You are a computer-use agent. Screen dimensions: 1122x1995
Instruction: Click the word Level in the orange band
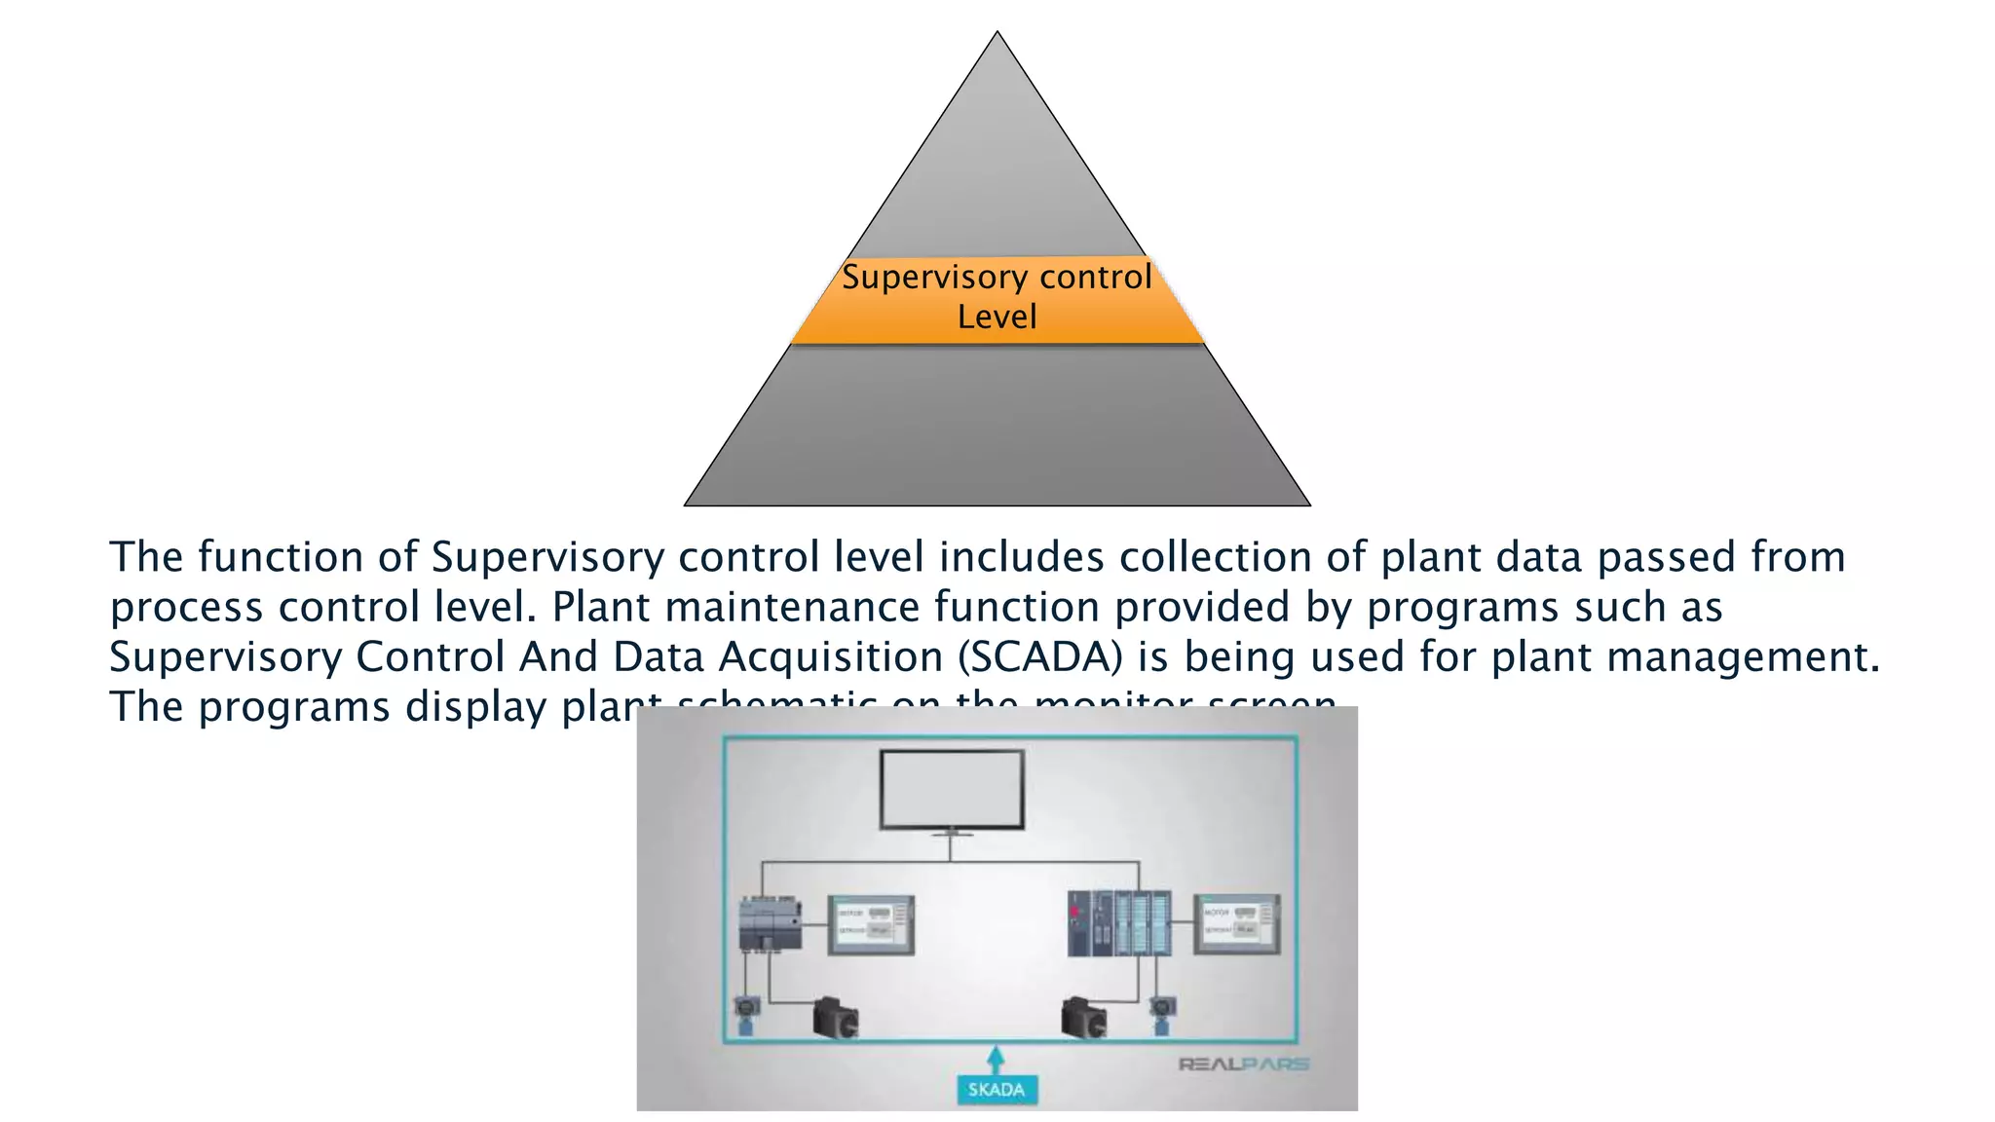pos(997,318)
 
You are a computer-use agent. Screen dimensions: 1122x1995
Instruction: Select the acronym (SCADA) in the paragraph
pos(1040,656)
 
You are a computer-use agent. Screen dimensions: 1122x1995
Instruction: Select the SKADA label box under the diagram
pos(997,1089)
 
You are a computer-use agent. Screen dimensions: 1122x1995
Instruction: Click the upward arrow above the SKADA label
pos(996,1059)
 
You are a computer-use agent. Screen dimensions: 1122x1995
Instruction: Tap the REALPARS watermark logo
pos(1244,1064)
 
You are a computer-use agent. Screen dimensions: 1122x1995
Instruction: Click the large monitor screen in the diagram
pos(952,789)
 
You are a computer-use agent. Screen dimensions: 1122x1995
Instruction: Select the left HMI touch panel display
pos(871,923)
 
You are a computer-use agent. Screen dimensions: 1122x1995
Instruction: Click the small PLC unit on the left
pos(771,923)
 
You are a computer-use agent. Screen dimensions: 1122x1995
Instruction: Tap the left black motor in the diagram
pos(836,1018)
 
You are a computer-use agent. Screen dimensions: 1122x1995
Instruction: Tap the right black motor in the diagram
pos(1084,1018)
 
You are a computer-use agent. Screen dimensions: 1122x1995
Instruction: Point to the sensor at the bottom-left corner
pos(747,1013)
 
